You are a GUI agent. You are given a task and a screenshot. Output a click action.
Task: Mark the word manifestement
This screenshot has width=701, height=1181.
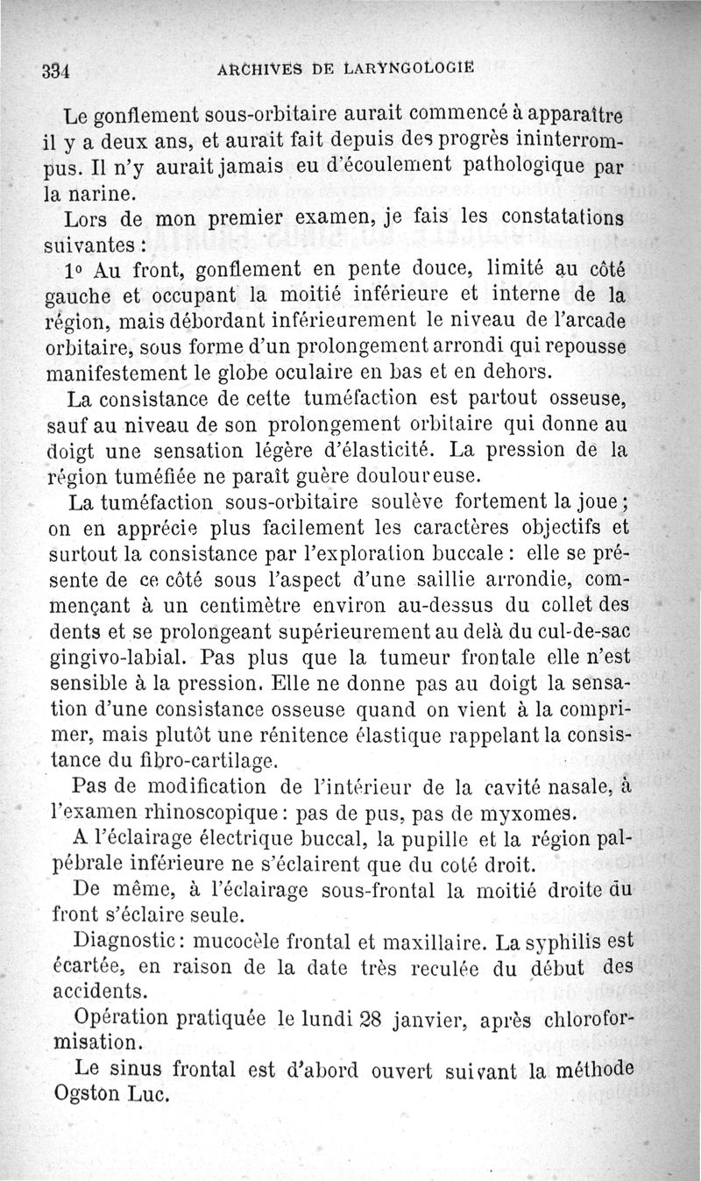[123, 371]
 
